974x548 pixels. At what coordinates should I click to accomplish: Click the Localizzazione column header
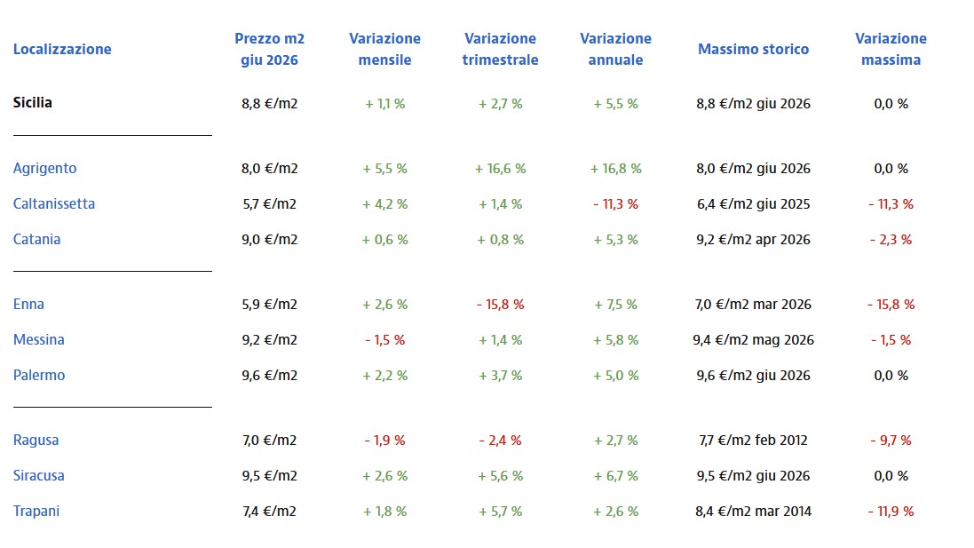pos(62,49)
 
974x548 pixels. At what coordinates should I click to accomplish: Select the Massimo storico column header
pos(753,49)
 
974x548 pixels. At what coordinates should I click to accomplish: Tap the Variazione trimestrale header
pos(500,49)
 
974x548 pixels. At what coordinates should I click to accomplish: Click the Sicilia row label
pos(32,102)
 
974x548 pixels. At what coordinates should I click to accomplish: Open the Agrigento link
pos(44,169)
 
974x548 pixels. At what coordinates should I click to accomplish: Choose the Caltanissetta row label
pos(54,203)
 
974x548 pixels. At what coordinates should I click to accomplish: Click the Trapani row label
pos(36,512)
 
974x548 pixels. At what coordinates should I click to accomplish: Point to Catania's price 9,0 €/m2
pos(270,240)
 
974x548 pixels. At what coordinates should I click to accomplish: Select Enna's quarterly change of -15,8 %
pos(500,305)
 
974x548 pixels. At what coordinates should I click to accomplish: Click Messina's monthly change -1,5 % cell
pos(385,340)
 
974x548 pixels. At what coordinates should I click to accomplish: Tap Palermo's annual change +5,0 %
pos(615,376)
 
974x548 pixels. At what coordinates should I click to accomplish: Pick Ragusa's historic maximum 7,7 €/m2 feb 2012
pos(753,441)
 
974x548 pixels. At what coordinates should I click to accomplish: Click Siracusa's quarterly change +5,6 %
pos(500,476)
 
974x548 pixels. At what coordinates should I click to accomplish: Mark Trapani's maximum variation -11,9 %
pos(891,512)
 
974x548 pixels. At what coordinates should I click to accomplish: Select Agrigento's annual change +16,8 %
pos(615,169)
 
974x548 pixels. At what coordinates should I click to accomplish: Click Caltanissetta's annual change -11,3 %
pos(615,203)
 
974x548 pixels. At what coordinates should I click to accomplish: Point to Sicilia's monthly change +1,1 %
pos(385,104)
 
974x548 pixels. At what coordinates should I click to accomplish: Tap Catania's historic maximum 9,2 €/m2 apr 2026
pos(753,240)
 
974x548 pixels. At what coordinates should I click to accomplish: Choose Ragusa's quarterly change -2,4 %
pos(500,441)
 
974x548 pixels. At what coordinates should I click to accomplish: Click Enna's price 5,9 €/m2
pos(270,305)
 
